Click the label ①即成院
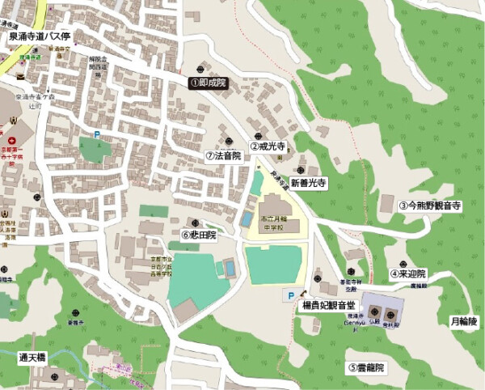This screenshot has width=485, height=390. (208, 82)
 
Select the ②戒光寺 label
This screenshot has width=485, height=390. (268, 147)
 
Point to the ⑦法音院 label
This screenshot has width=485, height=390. (223, 155)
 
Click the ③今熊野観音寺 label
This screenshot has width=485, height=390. (430, 206)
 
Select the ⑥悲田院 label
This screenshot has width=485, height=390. (199, 235)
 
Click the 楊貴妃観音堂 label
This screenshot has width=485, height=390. (327, 306)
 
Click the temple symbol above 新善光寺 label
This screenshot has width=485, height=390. (301, 170)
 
